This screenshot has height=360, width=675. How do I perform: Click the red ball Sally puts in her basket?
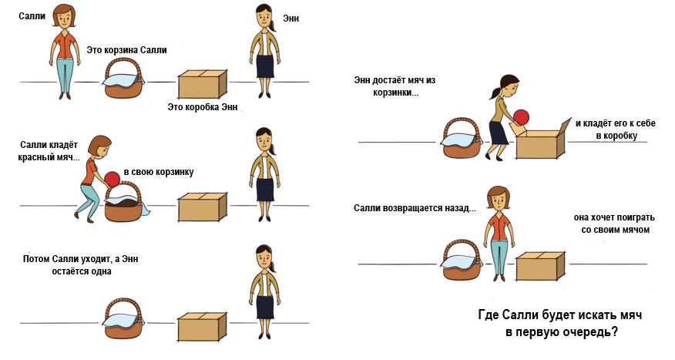(112, 179)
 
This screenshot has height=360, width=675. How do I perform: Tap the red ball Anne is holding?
(522, 117)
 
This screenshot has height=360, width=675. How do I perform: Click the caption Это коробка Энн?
(203, 107)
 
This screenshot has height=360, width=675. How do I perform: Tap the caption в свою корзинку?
(159, 171)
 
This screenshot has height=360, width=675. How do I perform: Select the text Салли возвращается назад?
(415, 209)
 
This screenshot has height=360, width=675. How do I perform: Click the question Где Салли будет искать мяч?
(560, 316)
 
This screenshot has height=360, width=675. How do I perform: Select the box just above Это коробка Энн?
(203, 83)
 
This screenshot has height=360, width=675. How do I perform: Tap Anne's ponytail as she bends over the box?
(492, 93)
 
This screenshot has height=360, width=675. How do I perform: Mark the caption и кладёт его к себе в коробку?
(611, 129)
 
